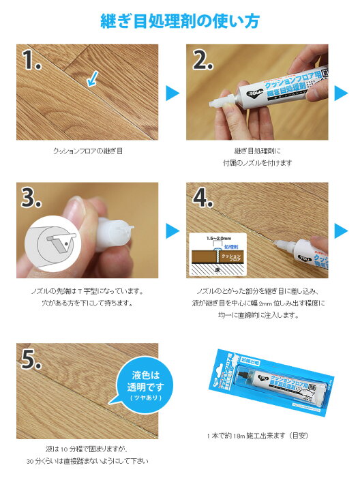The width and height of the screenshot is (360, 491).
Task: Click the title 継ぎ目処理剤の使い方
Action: click(x=179, y=21)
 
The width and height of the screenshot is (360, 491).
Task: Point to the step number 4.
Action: click(x=206, y=198)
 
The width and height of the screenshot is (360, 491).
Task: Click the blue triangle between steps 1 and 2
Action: click(x=172, y=92)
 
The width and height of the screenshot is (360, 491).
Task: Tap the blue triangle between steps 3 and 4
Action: click(x=172, y=230)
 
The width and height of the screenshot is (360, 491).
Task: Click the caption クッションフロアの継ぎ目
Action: click(x=87, y=150)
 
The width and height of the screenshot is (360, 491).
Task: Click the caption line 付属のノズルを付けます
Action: click(x=257, y=162)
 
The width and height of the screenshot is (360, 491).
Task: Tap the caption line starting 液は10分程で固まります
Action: click(x=87, y=449)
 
